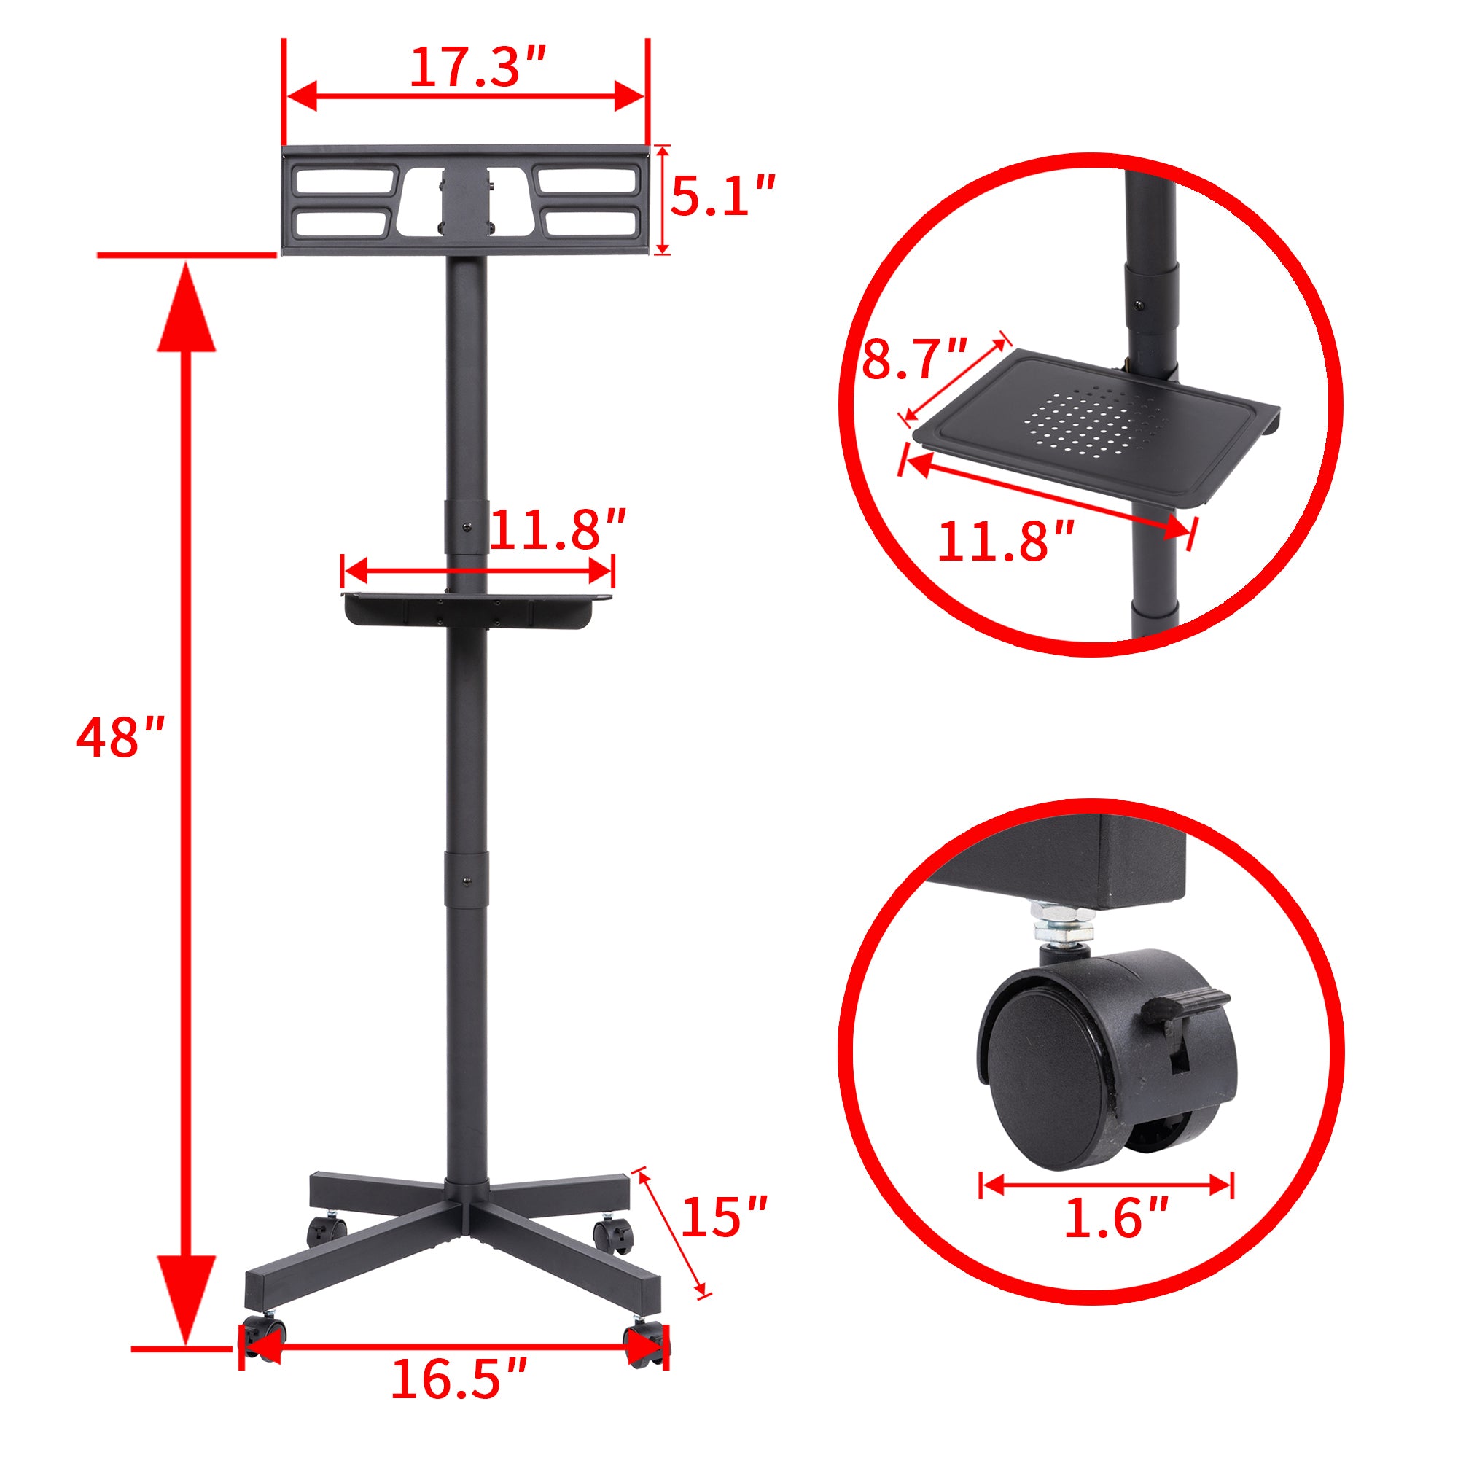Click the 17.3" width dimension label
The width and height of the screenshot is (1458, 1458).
[477, 68]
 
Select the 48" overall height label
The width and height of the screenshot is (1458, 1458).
[120, 737]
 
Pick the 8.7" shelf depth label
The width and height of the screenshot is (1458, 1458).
[914, 360]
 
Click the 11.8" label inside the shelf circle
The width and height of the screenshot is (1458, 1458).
[1005, 541]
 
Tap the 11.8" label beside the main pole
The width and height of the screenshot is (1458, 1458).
[558, 530]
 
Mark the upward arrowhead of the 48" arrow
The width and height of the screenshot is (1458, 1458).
[187, 309]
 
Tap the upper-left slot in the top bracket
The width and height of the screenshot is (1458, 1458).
[344, 181]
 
